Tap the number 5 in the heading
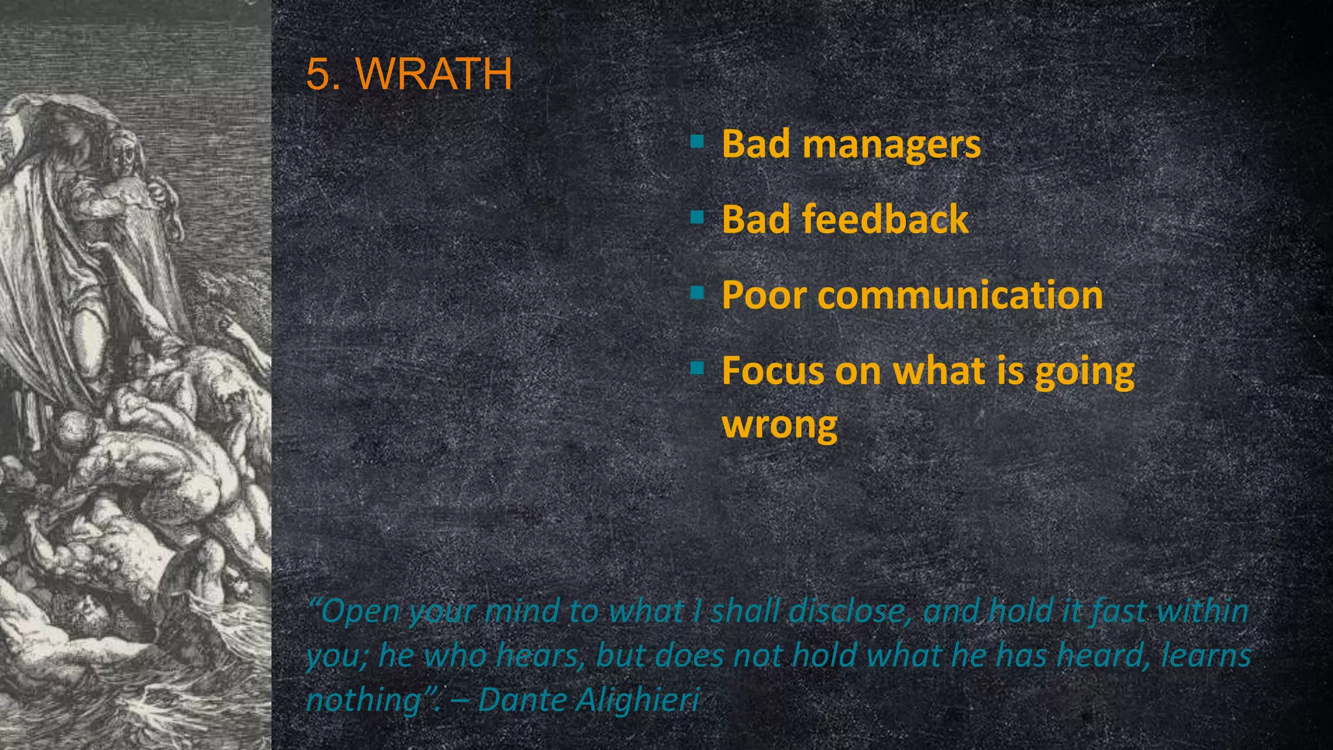tap(317, 74)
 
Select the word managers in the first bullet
tap(891, 145)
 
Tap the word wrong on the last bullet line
tap(779, 426)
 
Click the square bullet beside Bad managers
tap(697, 141)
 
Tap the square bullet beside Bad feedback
tap(697, 217)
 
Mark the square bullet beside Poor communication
tap(697, 293)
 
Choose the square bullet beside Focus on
tap(697, 368)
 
